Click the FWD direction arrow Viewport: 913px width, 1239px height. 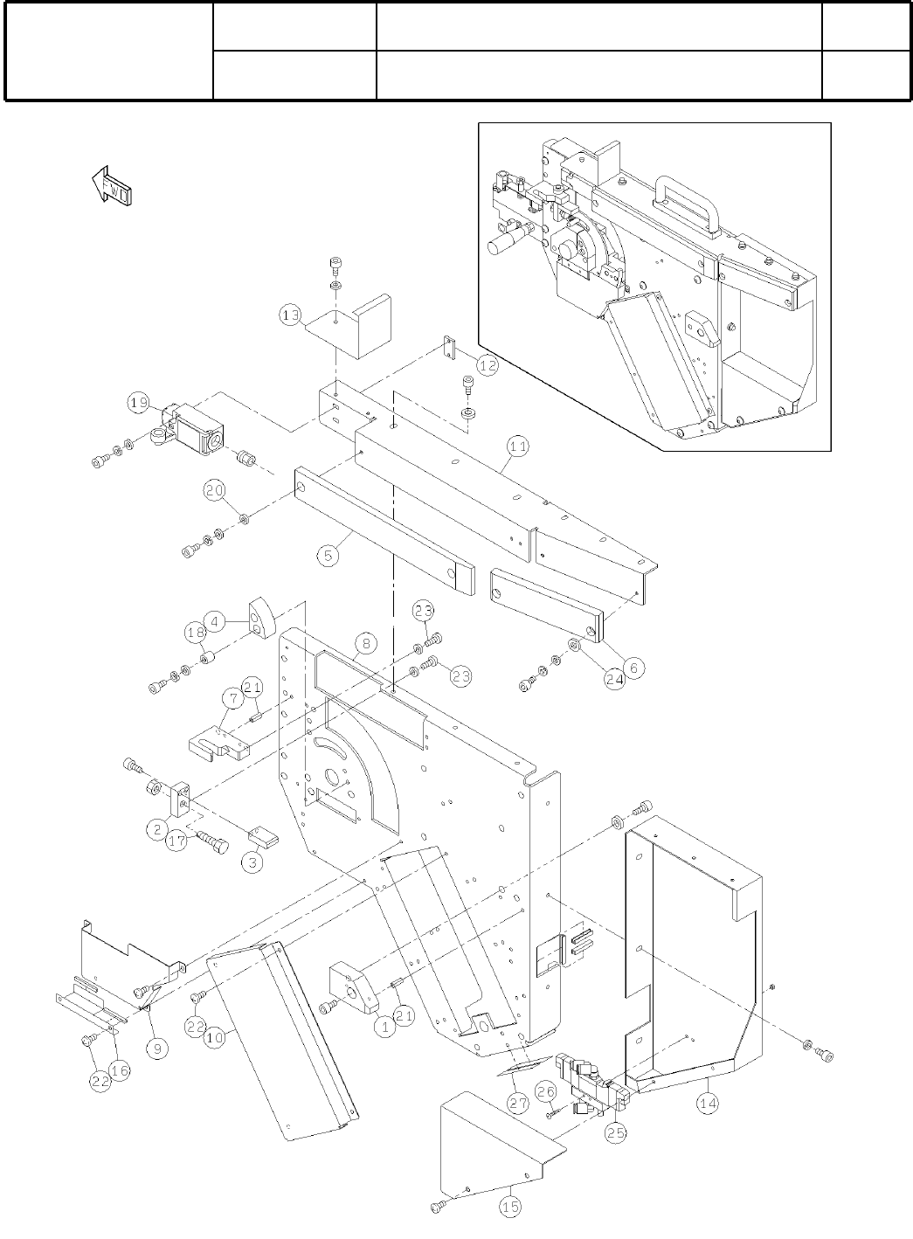[x=112, y=185]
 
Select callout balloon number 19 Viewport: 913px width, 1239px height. [x=139, y=404]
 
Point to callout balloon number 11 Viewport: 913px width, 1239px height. [x=518, y=446]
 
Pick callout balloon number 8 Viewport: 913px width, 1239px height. [x=366, y=644]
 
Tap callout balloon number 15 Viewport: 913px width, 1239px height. [x=510, y=1207]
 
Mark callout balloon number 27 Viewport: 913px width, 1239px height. [x=518, y=1103]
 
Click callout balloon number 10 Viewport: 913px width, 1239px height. [x=215, y=1038]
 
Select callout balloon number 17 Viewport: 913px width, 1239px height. [x=177, y=841]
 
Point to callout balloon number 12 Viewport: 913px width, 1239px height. [x=487, y=366]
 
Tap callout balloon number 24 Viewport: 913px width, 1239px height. [x=614, y=679]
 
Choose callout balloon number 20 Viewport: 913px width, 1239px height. [x=215, y=490]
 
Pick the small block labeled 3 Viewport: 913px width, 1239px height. [x=263, y=840]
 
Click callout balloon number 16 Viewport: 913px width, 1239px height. [x=120, y=1070]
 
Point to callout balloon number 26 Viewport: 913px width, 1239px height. [x=546, y=1091]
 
